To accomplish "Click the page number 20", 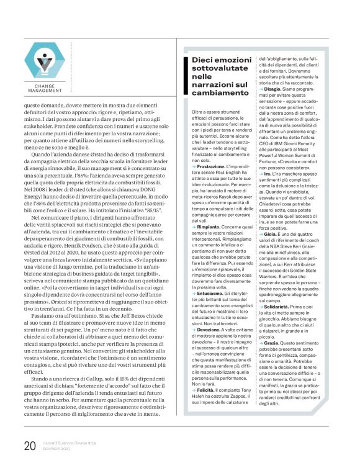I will coord(29,445).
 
